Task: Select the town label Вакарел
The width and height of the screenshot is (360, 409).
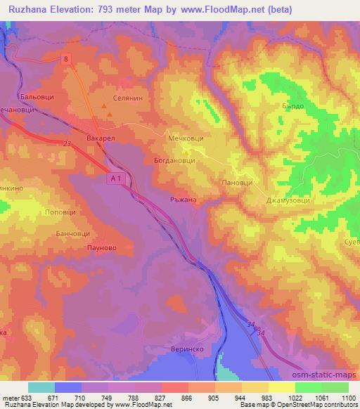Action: [100, 139]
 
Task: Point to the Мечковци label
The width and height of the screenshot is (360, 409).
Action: [186, 140]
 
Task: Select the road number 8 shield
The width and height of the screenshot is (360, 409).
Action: [66, 61]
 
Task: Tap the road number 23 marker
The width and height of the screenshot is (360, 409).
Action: [66, 144]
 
